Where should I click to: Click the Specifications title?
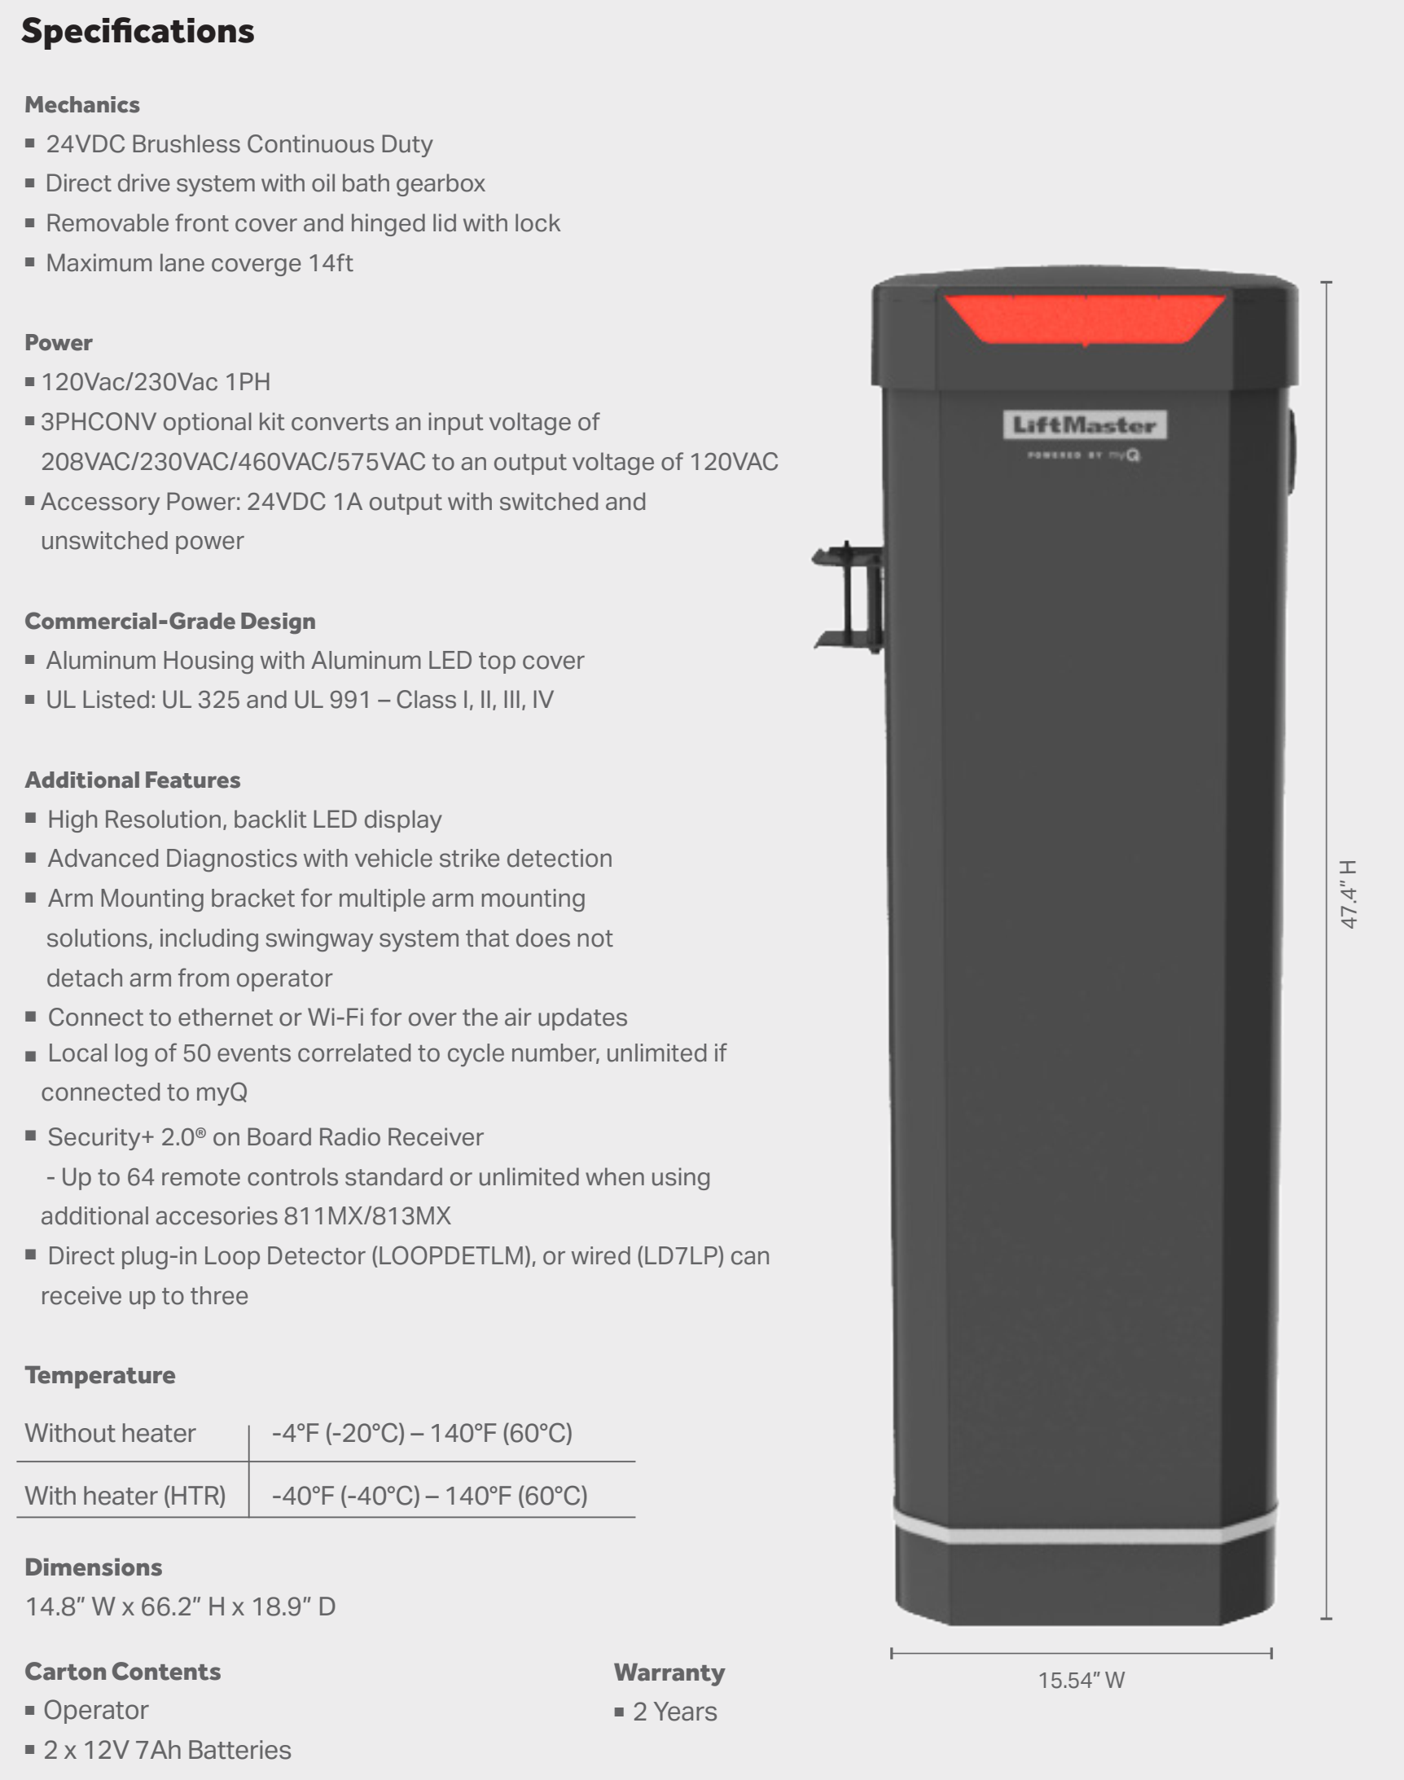(x=138, y=31)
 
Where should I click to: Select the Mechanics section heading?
(x=82, y=104)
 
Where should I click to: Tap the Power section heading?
(x=59, y=342)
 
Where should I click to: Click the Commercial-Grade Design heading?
(x=170, y=621)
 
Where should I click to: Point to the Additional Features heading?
(x=133, y=780)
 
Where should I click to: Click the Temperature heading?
(x=100, y=1374)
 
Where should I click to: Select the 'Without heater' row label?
(x=110, y=1433)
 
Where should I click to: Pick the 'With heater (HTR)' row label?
(x=125, y=1496)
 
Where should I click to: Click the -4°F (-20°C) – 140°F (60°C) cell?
(x=422, y=1433)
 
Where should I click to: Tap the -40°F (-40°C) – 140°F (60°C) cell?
(x=429, y=1496)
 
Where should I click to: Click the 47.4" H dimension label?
(x=1349, y=894)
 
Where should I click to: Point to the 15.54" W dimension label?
(x=1081, y=1681)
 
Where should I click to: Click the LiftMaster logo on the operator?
(x=1084, y=425)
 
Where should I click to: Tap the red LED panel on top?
(x=1084, y=319)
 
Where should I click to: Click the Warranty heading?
(x=669, y=1672)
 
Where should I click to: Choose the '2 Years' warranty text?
(x=674, y=1712)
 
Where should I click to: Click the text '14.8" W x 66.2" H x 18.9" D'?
(x=181, y=1606)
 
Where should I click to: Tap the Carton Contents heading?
(x=122, y=1672)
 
